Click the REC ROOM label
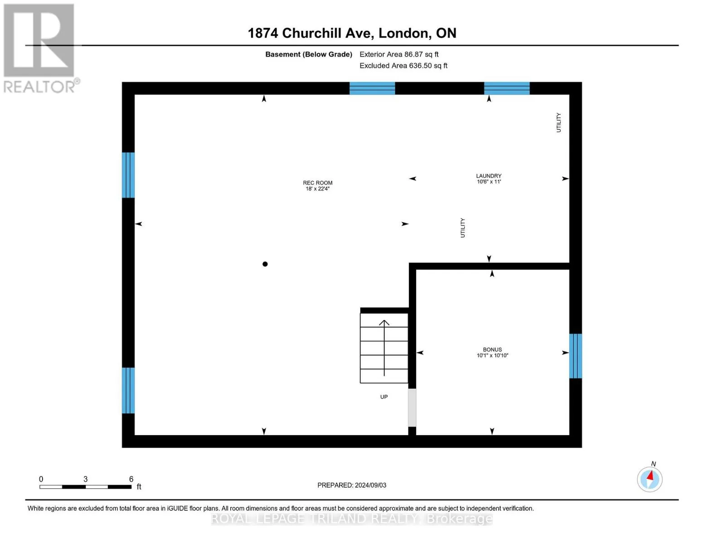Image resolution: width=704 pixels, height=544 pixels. (317, 183)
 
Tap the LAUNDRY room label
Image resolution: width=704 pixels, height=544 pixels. (489, 175)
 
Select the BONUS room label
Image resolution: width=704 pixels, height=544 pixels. (492, 350)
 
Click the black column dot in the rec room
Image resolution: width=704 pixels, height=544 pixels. (265, 264)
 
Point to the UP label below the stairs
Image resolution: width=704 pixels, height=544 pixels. (384, 397)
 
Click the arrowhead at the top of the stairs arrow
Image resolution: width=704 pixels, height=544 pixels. (384, 322)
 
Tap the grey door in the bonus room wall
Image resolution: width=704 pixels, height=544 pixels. (412, 408)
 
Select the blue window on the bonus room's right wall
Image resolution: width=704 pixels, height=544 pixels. (576, 356)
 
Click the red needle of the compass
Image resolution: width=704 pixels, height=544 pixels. (650, 475)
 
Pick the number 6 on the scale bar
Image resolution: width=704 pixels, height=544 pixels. (131, 479)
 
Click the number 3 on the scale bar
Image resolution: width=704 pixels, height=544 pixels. (86, 479)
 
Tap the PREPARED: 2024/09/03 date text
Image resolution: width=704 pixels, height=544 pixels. (352, 485)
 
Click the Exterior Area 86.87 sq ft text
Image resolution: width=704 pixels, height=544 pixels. (399, 54)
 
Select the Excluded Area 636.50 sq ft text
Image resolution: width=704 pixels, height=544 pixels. (403, 65)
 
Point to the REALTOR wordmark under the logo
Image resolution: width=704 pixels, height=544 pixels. (39, 87)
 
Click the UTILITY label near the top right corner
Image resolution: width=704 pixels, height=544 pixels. (558, 122)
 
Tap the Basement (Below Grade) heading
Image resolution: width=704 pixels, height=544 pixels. (309, 54)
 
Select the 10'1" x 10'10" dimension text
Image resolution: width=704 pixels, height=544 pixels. (492, 355)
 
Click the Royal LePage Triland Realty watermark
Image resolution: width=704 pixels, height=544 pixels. (352, 519)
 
